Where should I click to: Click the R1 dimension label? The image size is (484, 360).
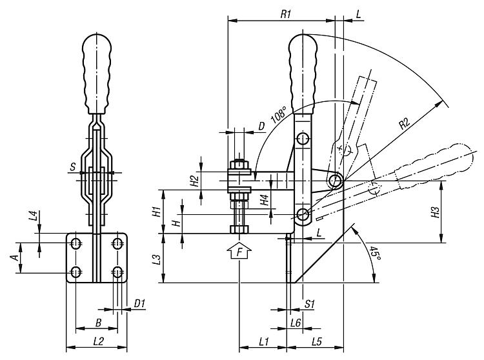286,14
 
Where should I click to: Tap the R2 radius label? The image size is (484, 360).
405,123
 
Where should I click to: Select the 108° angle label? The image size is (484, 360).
278,115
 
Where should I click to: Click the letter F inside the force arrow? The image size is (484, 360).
239,253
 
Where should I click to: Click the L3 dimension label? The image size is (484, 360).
157,259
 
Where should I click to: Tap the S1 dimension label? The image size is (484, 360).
309,304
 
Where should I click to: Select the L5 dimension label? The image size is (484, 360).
317,341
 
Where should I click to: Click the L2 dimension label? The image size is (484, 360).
98,341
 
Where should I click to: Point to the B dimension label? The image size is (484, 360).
98,323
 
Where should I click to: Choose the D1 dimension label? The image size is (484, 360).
139,303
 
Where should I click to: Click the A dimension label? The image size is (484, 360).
15,257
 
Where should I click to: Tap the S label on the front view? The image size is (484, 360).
72,167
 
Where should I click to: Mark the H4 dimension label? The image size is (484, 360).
264,200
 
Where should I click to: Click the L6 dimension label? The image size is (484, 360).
296,323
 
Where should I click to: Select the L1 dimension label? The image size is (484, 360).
264,341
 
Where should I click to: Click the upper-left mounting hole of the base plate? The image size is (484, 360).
76,243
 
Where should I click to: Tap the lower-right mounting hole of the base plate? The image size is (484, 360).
117,272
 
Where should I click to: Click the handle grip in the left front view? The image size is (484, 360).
97,74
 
